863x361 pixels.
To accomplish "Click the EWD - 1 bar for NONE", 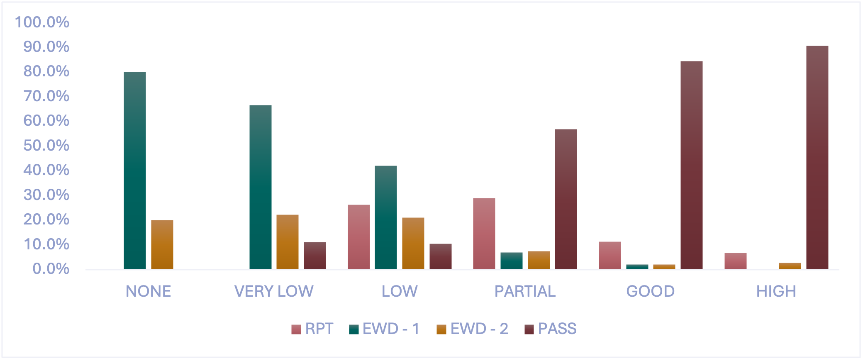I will [x=135, y=171].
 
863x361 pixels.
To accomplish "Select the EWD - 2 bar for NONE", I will [x=162, y=244].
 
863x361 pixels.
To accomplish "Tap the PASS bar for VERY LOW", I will [x=315, y=256].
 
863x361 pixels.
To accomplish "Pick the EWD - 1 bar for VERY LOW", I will [x=261, y=187].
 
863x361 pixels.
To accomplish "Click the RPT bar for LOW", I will [x=359, y=237].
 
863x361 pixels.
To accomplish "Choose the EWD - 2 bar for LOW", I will [x=413, y=243].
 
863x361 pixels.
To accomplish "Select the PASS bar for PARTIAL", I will [x=566, y=199].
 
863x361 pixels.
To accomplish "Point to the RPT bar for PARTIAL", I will [x=484, y=234].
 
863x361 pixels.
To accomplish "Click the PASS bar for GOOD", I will [x=692, y=165].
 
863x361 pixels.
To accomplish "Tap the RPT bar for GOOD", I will [x=610, y=255].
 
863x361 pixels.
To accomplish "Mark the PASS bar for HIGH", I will [x=817, y=157].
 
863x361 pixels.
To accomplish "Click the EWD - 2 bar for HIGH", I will [x=790, y=266].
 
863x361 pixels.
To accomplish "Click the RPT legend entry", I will [x=312, y=329].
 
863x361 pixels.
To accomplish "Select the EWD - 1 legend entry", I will [x=384, y=329].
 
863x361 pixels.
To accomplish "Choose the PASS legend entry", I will [x=551, y=329].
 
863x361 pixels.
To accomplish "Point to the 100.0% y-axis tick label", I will [x=42, y=22].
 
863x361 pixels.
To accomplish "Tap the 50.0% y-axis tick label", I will [x=46, y=145].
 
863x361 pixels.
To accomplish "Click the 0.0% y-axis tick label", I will [x=51, y=269].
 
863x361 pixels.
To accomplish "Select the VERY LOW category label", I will [x=274, y=291].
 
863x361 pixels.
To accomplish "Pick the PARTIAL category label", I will [x=525, y=291].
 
